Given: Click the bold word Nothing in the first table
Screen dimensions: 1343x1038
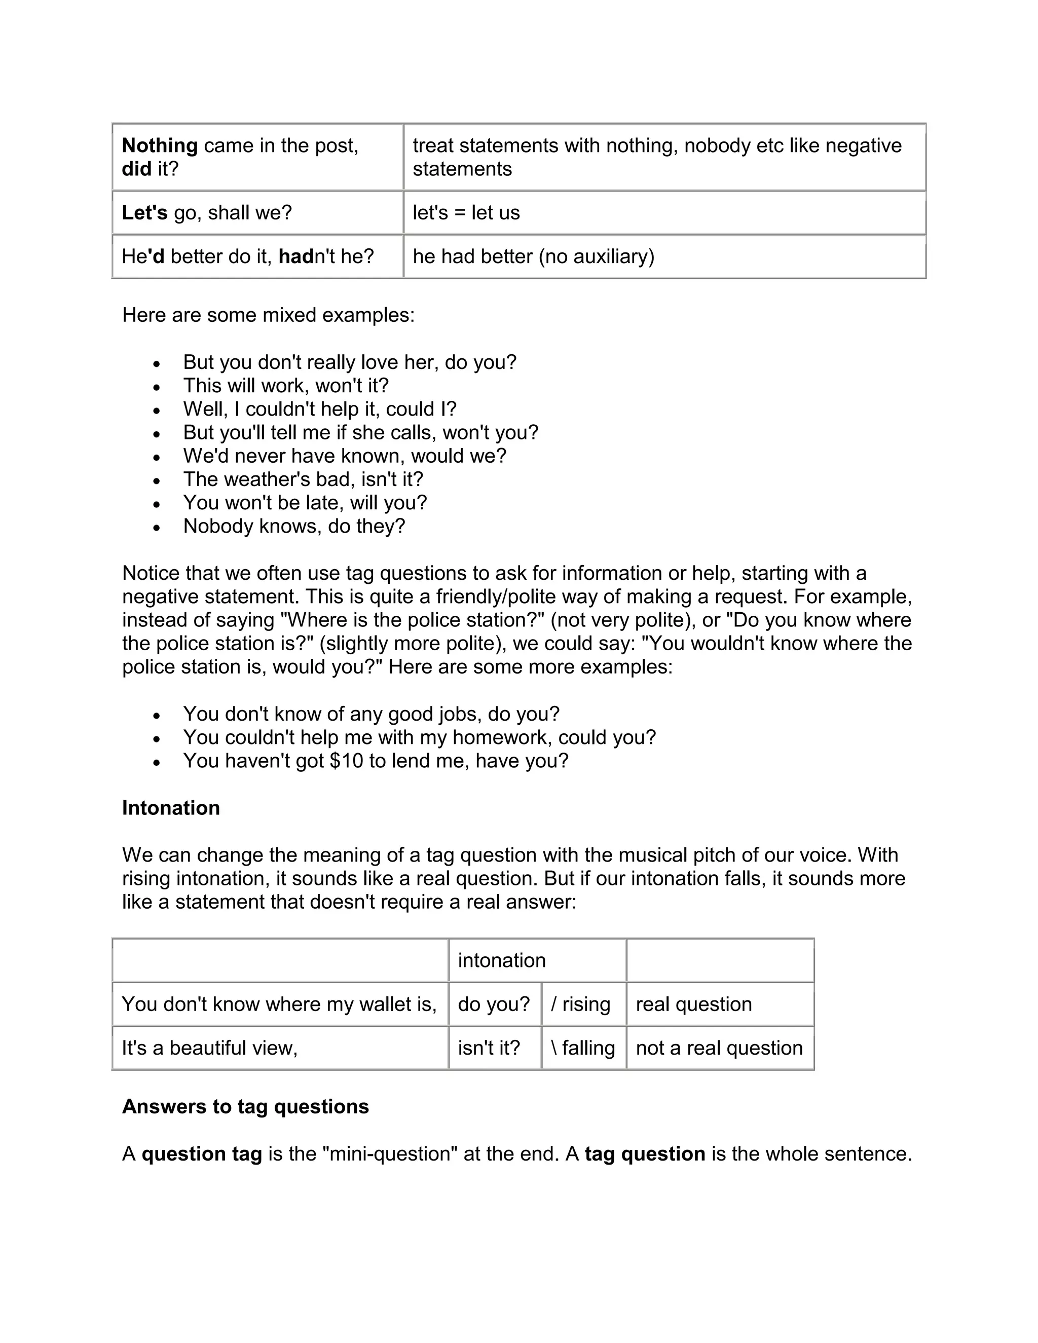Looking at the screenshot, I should [159, 146].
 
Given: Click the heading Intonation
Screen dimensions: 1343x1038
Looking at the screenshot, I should [171, 807].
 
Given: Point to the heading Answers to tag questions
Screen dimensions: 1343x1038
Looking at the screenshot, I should [245, 1106].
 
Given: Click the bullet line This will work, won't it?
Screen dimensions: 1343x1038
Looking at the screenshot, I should [286, 386].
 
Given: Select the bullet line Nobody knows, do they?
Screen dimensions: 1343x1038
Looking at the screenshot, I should [294, 527].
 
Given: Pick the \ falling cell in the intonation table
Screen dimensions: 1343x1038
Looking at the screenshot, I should [583, 1048].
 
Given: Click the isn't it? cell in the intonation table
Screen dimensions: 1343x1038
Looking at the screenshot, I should [489, 1048].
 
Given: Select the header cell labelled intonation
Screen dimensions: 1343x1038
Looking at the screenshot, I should [502, 960].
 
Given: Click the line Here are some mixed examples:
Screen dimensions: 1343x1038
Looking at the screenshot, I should [268, 315].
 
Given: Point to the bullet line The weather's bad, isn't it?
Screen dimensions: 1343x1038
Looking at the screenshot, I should [303, 479].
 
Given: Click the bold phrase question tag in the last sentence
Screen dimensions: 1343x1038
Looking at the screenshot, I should [202, 1153].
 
